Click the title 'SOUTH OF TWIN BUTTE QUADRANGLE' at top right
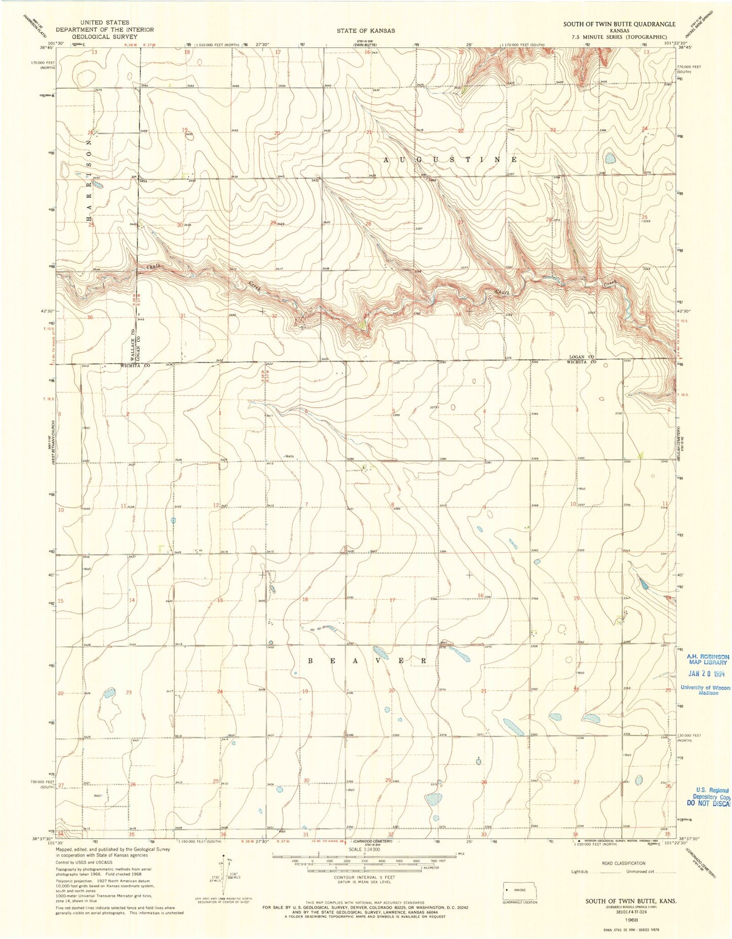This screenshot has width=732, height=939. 619,24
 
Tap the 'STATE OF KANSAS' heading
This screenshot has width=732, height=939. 366,31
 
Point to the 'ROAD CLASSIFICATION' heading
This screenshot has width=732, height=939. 623,863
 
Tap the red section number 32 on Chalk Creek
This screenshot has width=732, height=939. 275,316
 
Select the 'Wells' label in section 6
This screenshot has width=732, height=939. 289,456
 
